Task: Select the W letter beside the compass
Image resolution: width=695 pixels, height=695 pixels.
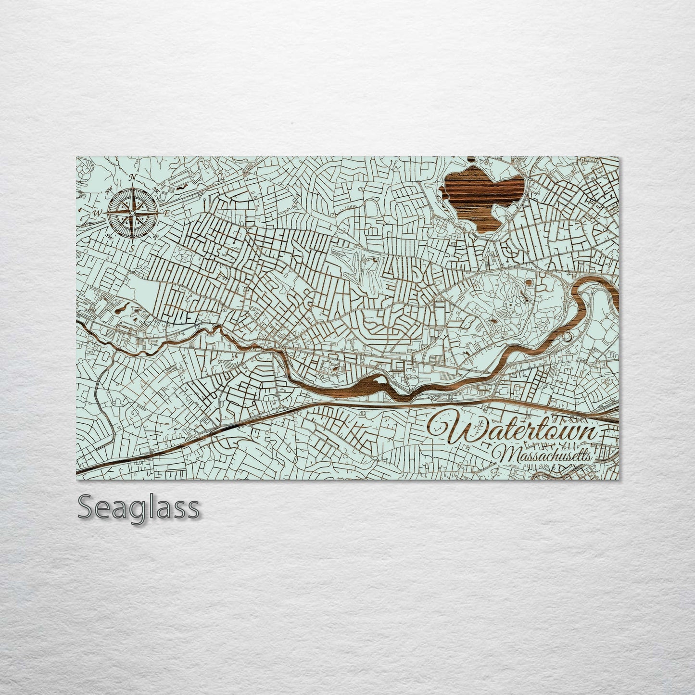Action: tap(97, 213)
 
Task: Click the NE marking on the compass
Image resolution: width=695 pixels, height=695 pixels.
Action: tap(156, 190)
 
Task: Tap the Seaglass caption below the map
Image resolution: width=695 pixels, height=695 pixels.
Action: tap(138, 507)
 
